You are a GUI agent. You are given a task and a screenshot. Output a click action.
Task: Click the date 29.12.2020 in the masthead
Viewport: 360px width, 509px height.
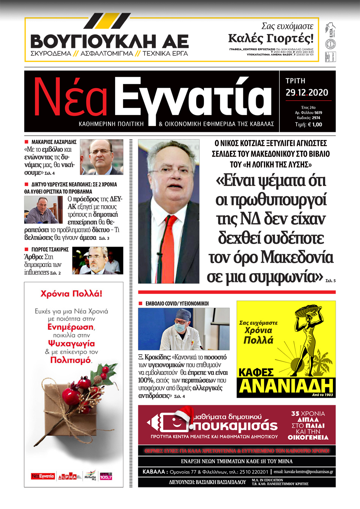click(x=307, y=93)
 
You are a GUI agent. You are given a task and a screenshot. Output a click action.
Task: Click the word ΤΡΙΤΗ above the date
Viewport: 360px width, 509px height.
click(x=295, y=81)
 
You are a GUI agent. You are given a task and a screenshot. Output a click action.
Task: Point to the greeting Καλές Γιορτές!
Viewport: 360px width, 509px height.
click(x=271, y=38)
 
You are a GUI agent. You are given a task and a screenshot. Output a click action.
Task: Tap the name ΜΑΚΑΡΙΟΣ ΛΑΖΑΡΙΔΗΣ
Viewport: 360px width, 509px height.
click(x=54, y=142)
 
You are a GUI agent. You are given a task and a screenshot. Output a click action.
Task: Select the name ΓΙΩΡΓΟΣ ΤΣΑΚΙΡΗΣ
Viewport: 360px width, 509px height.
click(x=50, y=249)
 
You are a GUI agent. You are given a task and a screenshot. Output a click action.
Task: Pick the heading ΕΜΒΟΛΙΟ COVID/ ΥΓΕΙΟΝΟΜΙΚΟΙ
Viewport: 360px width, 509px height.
click(x=177, y=303)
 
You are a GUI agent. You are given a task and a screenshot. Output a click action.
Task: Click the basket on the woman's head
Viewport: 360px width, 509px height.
click(x=308, y=311)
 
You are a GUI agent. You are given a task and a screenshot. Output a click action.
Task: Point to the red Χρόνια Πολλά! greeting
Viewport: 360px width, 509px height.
click(x=71, y=293)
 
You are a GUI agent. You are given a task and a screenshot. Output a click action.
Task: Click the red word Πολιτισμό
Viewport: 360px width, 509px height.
click(x=70, y=360)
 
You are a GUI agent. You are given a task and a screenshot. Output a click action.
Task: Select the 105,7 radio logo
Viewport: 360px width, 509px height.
click(x=106, y=477)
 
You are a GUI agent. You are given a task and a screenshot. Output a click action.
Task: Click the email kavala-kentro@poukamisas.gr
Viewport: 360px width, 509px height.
click(x=303, y=472)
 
